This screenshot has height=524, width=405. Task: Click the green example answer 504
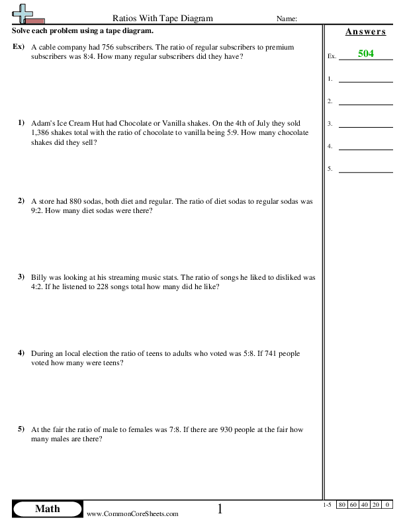[x=365, y=54]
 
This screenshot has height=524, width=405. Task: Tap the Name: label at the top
[x=287, y=19]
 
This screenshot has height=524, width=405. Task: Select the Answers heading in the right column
[x=365, y=32]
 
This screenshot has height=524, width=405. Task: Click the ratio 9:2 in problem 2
[x=37, y=210]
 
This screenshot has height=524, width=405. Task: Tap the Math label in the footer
[x=47, y=508]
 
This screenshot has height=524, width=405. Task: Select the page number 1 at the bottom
[x=220, y=509]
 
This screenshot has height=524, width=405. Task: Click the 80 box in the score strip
[x=342, y=505]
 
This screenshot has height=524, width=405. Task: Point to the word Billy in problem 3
[x=39, y=277]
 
